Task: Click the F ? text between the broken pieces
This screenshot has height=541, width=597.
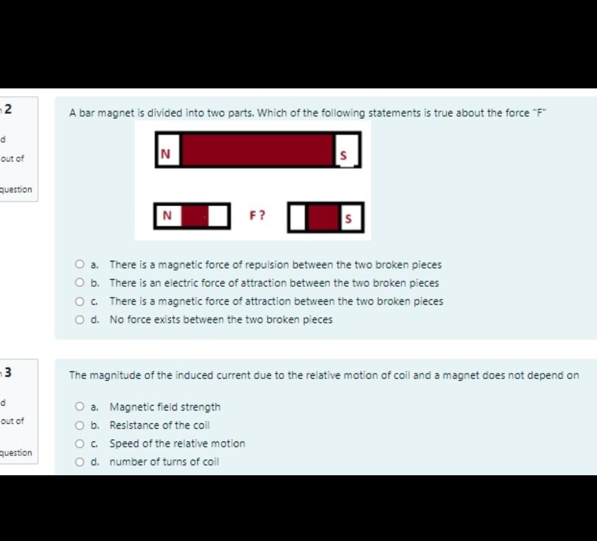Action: [258, 215]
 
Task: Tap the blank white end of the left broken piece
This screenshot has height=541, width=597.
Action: [219, 216]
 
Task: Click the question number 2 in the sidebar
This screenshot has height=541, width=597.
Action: [8, 109]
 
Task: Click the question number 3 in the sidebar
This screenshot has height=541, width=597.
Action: [8, 371]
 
